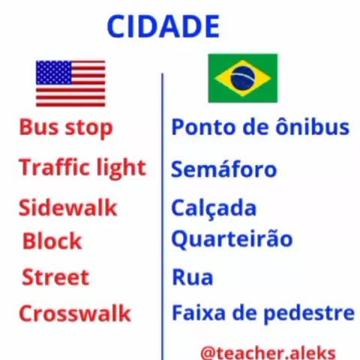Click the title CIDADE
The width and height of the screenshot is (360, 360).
click(163, 26)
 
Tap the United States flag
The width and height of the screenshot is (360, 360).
click(70, 83)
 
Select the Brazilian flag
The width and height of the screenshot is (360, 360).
click(243, 78)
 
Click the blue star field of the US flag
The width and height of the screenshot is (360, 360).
click(54, 73)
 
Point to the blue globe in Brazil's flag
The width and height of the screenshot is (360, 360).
click(242, 78)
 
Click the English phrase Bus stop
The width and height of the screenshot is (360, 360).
click(66, 127)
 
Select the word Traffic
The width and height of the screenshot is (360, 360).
click(54, 166)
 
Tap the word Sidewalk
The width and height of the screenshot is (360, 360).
click(68, 207)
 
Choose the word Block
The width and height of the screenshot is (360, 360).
click(52, 241)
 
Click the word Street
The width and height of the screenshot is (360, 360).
click(55, 277)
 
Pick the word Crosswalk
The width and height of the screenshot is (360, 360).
click(75, 313)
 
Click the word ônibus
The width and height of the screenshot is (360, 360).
click(312, 126)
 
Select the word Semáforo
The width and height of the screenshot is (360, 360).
click(224, 168)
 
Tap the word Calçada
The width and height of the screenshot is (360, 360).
click(214, 208)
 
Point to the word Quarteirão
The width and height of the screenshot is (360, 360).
click(232, 239)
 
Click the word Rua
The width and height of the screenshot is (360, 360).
click(193, 277)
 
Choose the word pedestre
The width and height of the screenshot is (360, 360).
click(309, 313)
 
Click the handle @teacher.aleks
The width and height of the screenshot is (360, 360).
click(268, 352)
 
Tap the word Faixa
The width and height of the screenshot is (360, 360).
click(199, 313)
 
